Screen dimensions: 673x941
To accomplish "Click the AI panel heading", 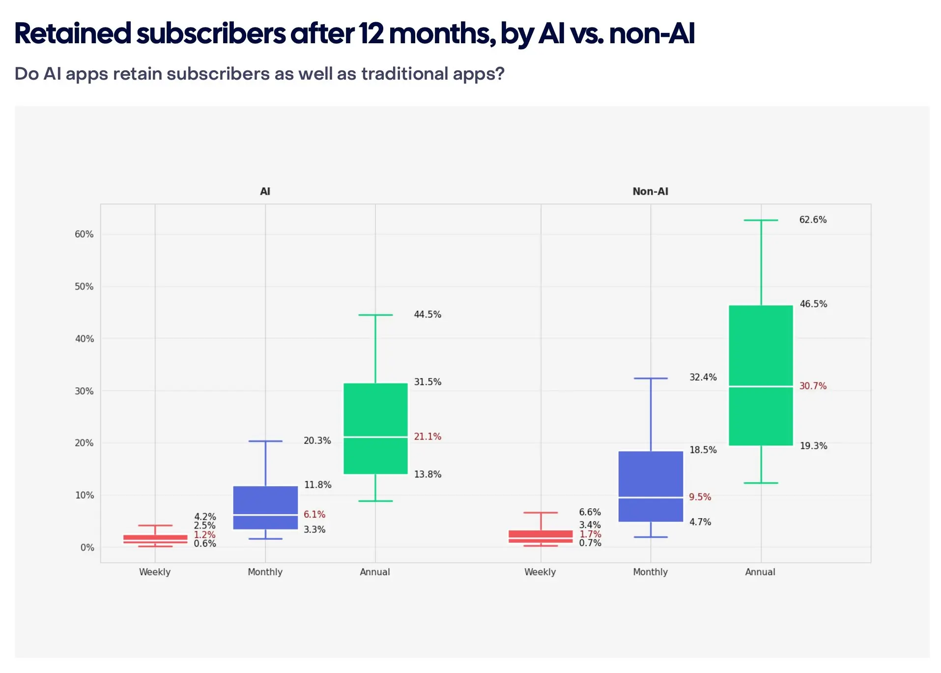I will pos(265,191).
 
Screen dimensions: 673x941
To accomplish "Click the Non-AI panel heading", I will pos(650,191).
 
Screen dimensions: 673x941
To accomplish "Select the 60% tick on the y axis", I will pos(84,234).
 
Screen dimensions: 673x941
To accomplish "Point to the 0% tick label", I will pos(87,547).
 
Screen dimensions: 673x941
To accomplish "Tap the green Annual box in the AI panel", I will pos(375,413).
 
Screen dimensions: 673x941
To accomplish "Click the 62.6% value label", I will pos(813,220).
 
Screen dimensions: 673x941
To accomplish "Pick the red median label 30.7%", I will pos(813,386).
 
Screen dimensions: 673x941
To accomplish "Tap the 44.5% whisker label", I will pos(428,314).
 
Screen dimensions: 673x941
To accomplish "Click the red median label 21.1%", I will pos(428,437).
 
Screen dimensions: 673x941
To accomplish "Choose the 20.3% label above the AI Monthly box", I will pos(317,440).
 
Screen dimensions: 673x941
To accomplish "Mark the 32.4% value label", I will pos(703,377).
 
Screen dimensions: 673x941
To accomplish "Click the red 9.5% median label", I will pos(700,497).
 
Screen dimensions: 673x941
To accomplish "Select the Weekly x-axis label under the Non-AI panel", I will pos(540,572).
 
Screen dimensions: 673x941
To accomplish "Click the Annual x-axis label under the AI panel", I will pos(375,572).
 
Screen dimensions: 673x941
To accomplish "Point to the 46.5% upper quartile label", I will pos(813,304).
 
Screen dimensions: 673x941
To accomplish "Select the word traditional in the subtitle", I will pos(405,74).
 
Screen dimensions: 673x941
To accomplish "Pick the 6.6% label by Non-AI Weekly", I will pos(590,512).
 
